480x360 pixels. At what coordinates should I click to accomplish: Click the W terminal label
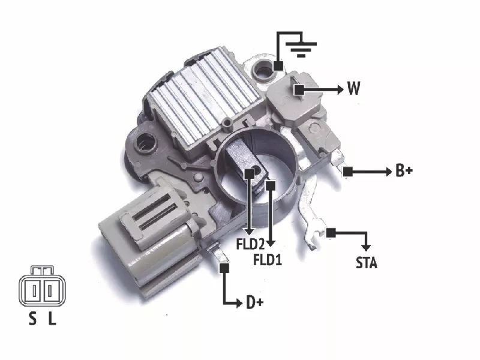pos(353,88)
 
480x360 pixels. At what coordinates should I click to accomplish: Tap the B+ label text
pos(404,170)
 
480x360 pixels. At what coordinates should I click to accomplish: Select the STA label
pos(367,263)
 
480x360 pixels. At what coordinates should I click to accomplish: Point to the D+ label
pos(254,302)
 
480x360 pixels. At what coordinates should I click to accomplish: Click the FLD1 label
pos(268,260)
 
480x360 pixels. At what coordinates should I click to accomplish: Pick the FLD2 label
pos(250,244)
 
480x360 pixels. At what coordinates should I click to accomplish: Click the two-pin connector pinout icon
pos(42,286)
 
